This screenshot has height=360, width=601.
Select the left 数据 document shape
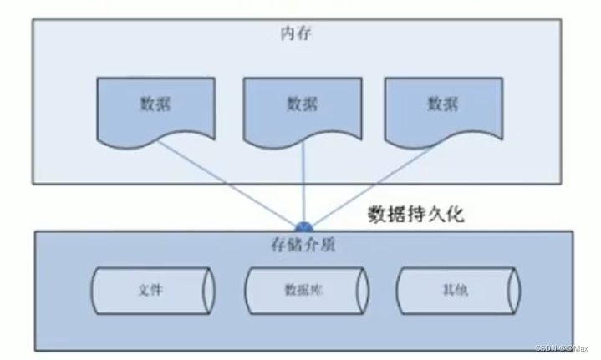coord(154,104)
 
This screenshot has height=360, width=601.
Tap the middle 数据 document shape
coord(301,104)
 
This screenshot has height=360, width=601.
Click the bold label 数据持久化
coord(415,214)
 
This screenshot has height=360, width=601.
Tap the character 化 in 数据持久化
coord(455,214)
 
